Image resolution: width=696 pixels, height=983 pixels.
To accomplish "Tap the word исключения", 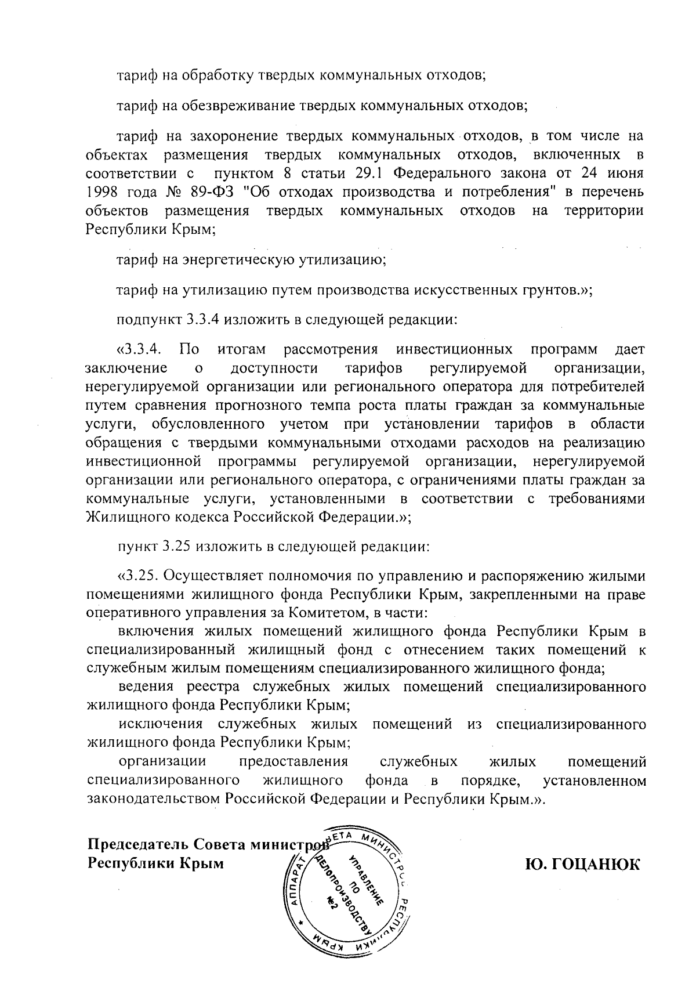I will [160, 724].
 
